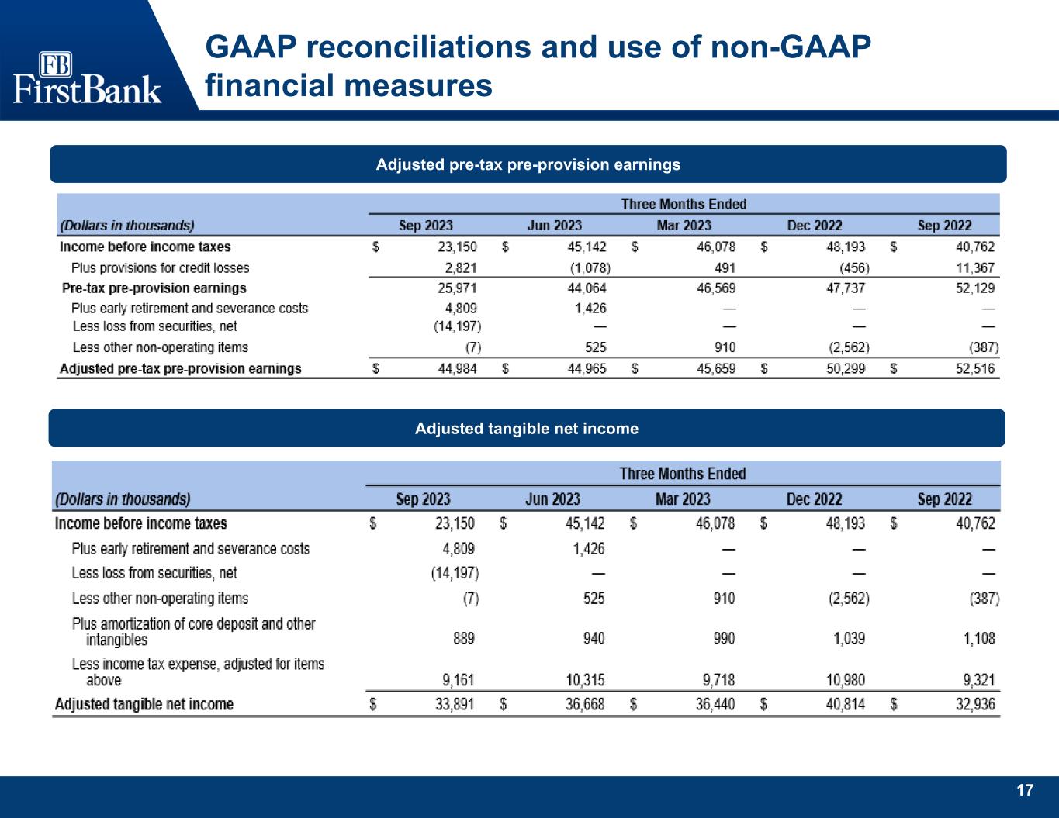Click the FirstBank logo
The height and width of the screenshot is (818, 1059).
[87, 78]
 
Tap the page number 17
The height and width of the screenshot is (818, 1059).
[1025, 790]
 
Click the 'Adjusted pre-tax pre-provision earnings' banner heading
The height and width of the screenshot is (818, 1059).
[528, 164]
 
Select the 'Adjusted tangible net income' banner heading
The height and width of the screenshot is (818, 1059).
[527, 429]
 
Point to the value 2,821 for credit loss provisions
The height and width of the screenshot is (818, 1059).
[461, 267]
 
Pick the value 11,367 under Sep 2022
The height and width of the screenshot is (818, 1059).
[975, 267]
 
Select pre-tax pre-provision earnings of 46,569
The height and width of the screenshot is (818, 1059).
[716, 288]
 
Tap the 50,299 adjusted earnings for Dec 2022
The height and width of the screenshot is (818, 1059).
[846, 368]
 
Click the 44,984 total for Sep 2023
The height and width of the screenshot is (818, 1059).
[458, 368]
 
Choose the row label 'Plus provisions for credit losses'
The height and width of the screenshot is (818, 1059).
[161, 267]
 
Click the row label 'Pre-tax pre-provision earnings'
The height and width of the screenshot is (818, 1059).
[154, 288]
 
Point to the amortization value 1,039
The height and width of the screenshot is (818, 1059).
[849, 638]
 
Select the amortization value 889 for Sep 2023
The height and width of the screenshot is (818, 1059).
[463, 638]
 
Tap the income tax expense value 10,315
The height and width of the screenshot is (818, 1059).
[585, 680]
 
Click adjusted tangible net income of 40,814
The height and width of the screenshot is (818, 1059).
[846, 704]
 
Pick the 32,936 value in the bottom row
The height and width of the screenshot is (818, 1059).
[976, 704]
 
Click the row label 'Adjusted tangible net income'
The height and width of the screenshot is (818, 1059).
[144, 704]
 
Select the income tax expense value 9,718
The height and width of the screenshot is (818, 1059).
[719, 680]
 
